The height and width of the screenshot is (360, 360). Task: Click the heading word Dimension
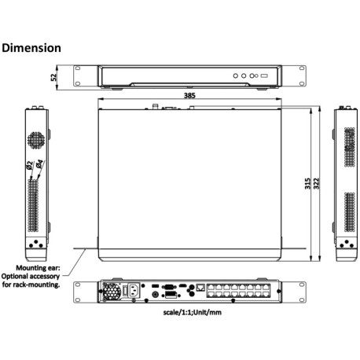31,48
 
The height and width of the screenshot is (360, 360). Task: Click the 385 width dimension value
189,95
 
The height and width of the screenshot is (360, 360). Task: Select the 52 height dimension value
54,77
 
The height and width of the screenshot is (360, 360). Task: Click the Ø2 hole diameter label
29,166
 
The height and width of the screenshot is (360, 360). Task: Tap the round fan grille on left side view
35,139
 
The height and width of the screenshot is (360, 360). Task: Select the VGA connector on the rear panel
167,288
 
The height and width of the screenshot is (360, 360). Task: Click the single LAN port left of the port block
202,287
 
